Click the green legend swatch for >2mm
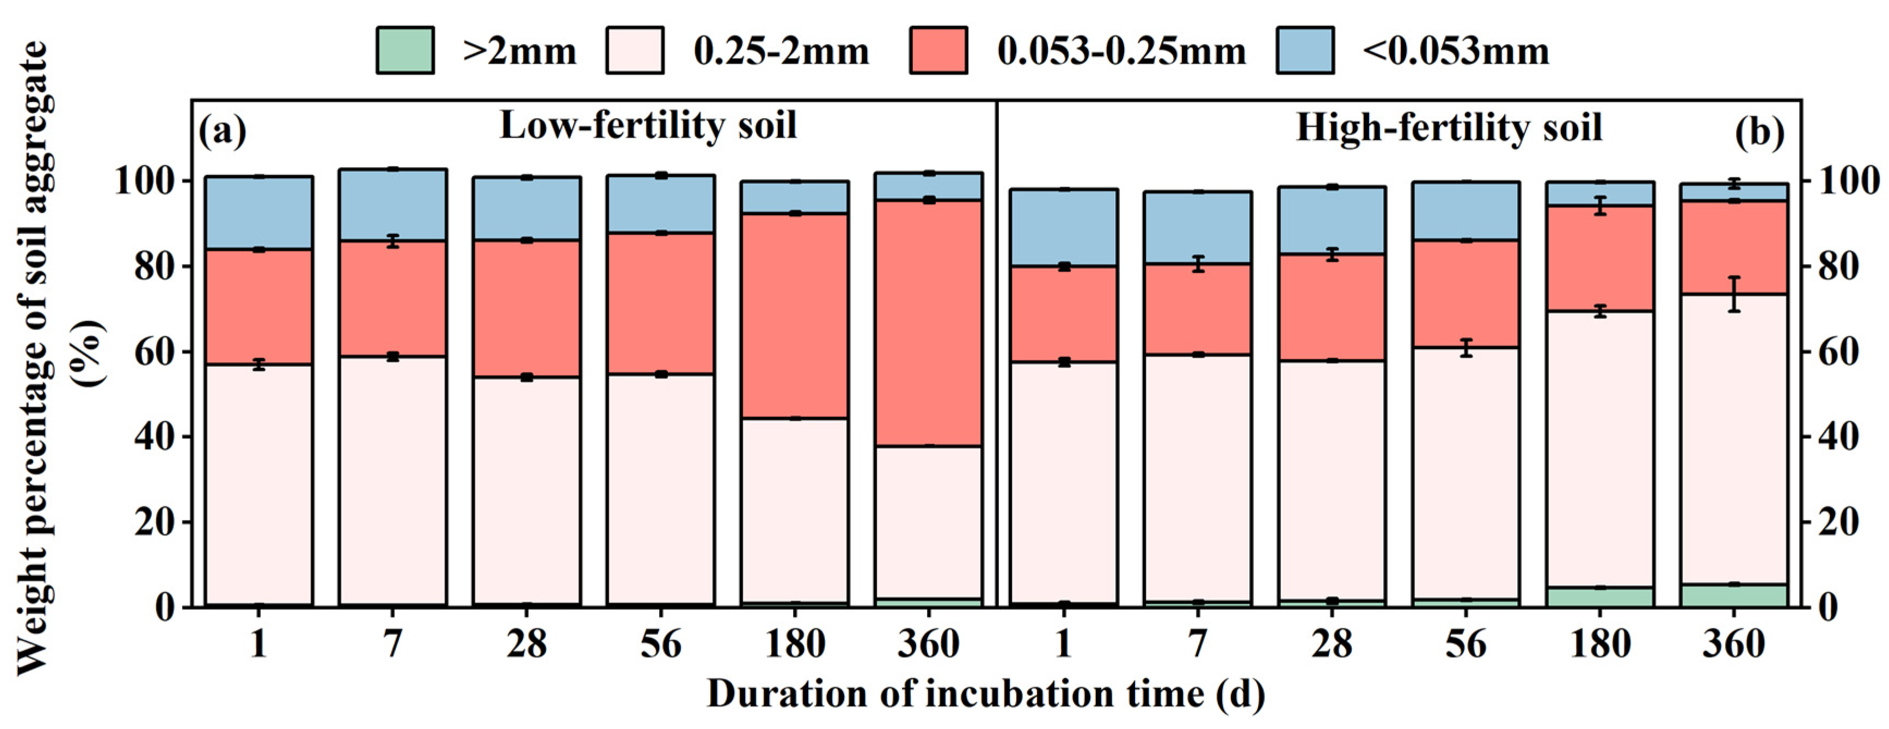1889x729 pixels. pyautogui.click(x=405, y=51)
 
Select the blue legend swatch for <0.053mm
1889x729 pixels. pyautogui.click(x=1304, y=51)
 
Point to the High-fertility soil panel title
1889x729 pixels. pyautogui.click(x=1449, y=127)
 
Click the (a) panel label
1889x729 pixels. pyautogui.click(x=222, y=132)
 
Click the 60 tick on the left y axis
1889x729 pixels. pyautogui.click(x=155, y=352)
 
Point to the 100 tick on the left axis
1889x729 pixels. pyautogui.click(x=145, y=181)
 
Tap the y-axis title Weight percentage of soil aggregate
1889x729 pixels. pyautogui.click(x=33, y=359)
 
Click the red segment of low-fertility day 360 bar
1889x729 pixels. pyautogui.click(x=928, y=323)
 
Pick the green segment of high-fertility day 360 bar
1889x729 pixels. pyautogui.click(x=1733, y=595)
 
